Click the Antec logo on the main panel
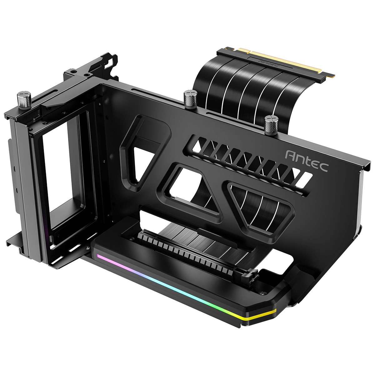(x=307, y=161)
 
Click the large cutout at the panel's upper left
(x=147, y=156)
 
